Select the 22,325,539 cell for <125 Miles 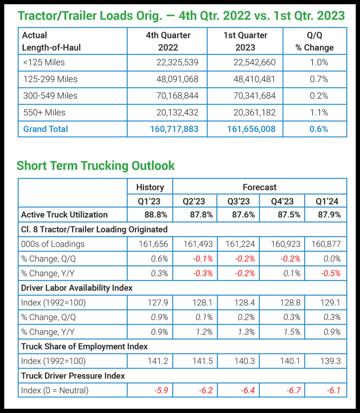(x=177, y=63)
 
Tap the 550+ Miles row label (x=44, y=113)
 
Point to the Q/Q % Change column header (x=314, y=42)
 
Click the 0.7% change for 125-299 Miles (x=319, y=79)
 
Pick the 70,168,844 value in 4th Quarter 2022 (x=177, y=96)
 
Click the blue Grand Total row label (x=46, y=129)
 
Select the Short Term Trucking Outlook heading (x=96, y=165)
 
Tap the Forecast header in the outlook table (x=259, y=187)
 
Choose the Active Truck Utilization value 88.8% (x=156, y=215)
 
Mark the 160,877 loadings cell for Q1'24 (x=325, y=244)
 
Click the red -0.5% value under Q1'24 (x=332, y=273)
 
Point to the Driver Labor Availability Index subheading (x=77, y=288)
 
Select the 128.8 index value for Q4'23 (x=290, y=303)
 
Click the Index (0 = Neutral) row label (x=54, y=390)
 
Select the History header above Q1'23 (x=150, y=187)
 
